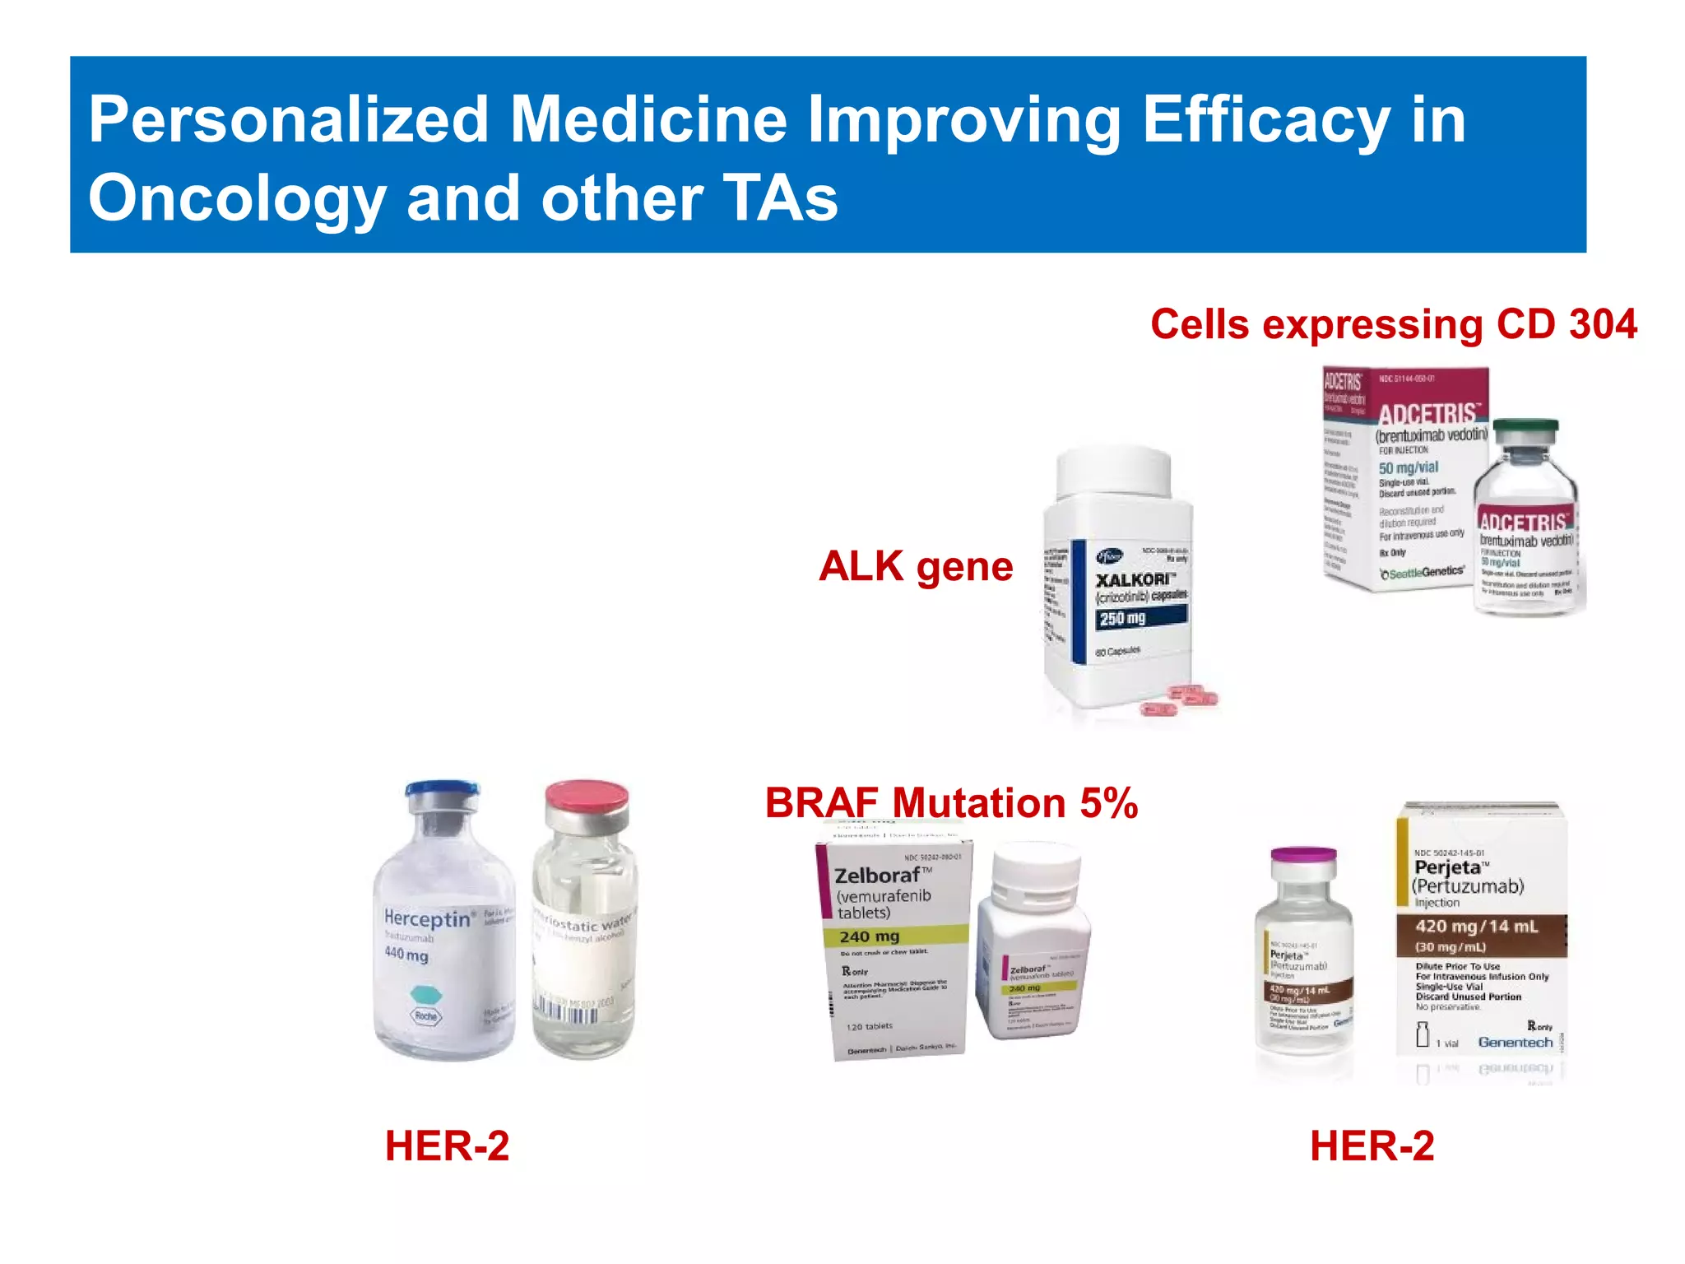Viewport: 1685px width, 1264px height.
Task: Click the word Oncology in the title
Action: [237, 200]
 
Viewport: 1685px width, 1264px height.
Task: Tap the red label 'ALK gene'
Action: [915, 567]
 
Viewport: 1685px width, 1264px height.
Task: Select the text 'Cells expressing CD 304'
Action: [1393, 324]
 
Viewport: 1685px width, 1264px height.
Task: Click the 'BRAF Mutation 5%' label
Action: [950, 803]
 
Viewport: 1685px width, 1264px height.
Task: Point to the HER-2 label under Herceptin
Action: [447, 1146]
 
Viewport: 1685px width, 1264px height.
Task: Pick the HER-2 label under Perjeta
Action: [1372, 1146]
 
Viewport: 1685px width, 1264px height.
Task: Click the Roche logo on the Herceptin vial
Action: [425, 1016]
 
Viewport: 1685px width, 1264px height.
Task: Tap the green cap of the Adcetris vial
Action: [1525, 430]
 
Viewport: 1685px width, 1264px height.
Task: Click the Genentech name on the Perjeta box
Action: [1515, 1042]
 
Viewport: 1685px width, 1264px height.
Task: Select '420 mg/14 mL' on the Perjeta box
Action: [1476, 927]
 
